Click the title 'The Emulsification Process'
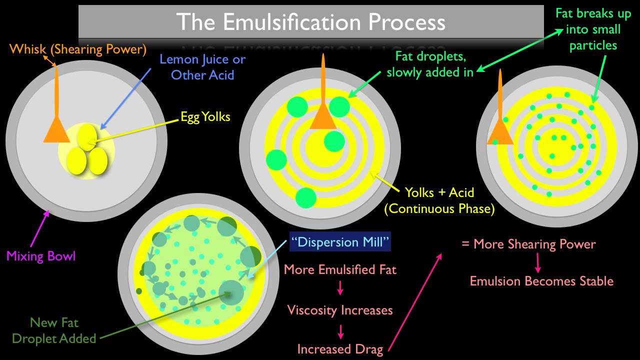pyautogui.click(x=310, y=22)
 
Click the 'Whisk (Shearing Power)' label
pyautogui.click(x=78, y=49)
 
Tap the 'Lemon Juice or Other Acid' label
pyautogui.click(x=202, y=67)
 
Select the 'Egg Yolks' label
pyautogui.click(x=205, y=117)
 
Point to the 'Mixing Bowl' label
pyautogui.click(x=41, y=256)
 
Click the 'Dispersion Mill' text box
pyautogui.click(x=340, y=243)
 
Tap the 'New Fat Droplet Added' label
pyautogui.click(x=54, y=330)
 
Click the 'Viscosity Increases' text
pyautogui.click(x=340, y=310)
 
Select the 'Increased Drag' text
pyautogui.click(x=340, y=349)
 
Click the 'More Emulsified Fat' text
pyautogui.click(x=340, y=270)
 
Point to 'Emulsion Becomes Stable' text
pyautogui.click(x=541, y=281)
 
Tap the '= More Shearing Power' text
pyautogui.click(x=528, y=244)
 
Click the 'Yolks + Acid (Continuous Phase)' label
pyautogui.click(x=439, y=200)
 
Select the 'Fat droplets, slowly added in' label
pyautogui.click(x=430, y=64)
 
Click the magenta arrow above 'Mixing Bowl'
pyautogui.click(x=41, y=228)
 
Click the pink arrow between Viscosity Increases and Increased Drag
pyautogui.click(x=340, y=330)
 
